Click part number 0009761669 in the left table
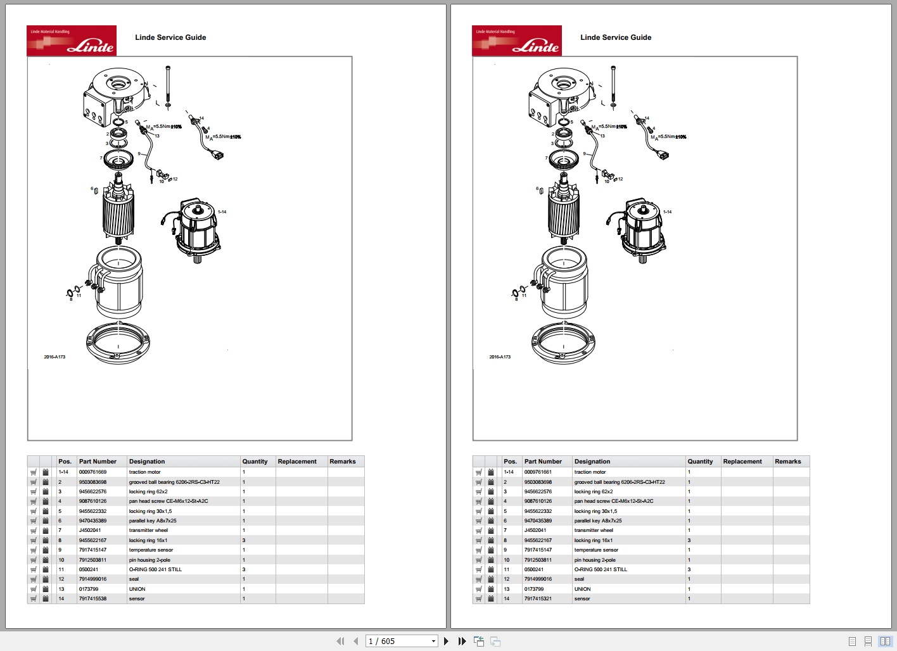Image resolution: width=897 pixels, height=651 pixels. point(93,472)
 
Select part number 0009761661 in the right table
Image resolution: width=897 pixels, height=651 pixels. point(538,472)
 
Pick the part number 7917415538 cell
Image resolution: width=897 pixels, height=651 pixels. point(93,598)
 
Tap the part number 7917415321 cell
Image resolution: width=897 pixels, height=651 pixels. point(538,598)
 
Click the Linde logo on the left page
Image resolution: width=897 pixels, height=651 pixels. point(72,41)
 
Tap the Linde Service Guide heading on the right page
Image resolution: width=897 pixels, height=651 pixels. point(616,37)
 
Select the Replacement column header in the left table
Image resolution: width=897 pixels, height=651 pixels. point(297,462)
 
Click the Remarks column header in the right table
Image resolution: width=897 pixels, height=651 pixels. point(788,462)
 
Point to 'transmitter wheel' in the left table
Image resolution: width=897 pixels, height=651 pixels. point(149,531)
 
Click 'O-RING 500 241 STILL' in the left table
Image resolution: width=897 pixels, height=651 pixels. point(156,569)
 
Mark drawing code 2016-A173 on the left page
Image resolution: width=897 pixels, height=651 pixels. point(54,357)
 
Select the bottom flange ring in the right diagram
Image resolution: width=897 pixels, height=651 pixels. point(563,343)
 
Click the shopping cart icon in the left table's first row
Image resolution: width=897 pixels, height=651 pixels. point(34,472)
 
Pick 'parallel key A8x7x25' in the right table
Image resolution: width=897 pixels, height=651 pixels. point(598,521)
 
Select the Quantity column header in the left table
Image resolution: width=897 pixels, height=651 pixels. point(255,462)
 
